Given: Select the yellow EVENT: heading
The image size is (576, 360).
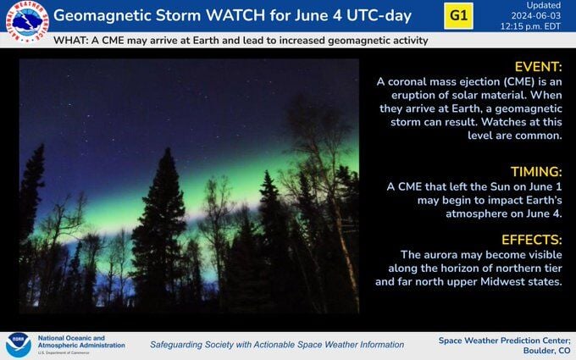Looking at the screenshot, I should tap(538, 66).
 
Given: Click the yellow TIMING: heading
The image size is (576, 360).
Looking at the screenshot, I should tap(534, 170).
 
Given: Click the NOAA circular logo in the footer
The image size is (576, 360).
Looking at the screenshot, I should tap(18, 345).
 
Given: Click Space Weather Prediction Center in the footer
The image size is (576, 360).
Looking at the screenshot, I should tap(504, 340).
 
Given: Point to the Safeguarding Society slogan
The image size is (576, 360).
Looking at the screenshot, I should tap(277, 345).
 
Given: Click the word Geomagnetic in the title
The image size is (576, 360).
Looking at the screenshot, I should tap(101, 15).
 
